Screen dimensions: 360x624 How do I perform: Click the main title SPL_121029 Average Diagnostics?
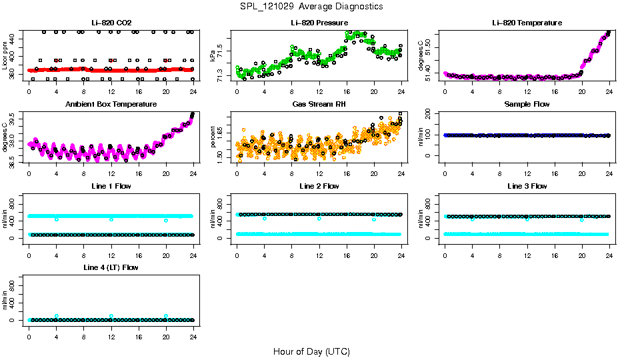coord(312,6)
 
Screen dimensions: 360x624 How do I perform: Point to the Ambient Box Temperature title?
coord(111,105)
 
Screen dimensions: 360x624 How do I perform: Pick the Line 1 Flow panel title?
coord(111,186)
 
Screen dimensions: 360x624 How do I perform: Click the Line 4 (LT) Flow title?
coord(111,267)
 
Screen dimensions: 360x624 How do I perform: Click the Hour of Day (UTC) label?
coord(311,351)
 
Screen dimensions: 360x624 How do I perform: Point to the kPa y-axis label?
coord(213,55)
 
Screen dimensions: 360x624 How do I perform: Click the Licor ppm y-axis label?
coord(5,55)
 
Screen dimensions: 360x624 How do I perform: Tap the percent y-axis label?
coord(213,137)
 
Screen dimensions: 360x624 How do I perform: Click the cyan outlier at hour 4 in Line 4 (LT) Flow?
coord(57,316)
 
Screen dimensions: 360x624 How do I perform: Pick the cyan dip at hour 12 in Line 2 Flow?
coord(319,219)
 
